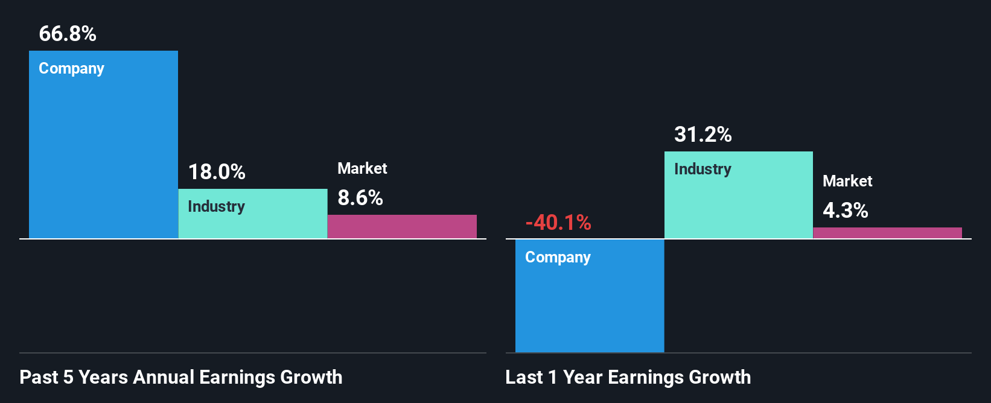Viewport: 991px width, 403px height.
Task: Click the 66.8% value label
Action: coord(68,34)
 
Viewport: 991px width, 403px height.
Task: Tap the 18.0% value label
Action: coord(217,172)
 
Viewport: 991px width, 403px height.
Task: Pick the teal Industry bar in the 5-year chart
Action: coord(252,223)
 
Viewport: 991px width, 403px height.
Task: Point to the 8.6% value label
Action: coord(360,198)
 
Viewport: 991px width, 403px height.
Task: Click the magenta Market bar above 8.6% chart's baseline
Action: coord(402,226)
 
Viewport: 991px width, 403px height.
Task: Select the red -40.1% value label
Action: coord(558,223)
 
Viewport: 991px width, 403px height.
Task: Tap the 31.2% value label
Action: coord(703,134)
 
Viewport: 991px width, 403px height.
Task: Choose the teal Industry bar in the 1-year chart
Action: coord(739,205)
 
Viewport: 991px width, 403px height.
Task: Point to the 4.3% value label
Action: coord(846,211)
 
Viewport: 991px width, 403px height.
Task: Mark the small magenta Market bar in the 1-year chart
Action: coord(887,233)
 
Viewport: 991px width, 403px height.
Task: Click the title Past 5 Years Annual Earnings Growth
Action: coord(181,378)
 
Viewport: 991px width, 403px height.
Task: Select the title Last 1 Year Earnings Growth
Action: coord(628,378)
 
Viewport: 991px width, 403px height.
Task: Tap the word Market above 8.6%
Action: coord(362,168)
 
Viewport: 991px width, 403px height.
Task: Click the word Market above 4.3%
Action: coord(847,181)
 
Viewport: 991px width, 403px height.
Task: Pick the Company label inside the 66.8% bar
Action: coord(71,69)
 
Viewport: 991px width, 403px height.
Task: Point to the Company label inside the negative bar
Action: coord(558,258)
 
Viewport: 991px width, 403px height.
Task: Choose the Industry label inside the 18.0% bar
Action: coord(216,206)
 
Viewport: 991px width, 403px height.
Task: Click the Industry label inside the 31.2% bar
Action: coord(703,169)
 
